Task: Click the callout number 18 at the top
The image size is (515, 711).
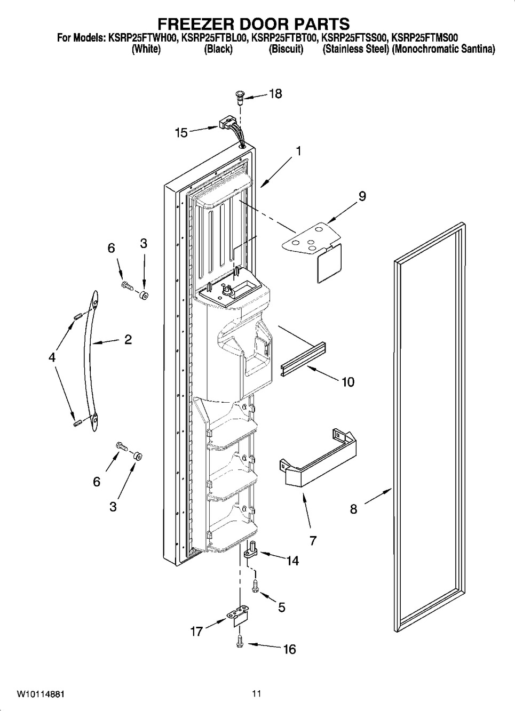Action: [x=275, y=94]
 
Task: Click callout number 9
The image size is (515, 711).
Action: [x=362, y=196]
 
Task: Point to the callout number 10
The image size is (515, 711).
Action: [x=348, y=382]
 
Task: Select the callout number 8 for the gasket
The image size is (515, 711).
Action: [x=353, y=509]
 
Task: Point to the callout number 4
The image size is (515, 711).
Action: [x=52, y=358]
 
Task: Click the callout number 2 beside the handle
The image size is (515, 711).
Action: [x=128, y=340]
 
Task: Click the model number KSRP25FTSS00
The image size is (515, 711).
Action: [x=354, y=38]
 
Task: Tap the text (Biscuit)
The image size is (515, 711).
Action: [x=286, y=50]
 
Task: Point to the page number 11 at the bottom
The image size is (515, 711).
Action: [x=257, y=694]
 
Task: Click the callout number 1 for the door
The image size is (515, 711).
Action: [x=298, y=151]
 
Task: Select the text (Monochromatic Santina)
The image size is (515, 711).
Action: [x=443, y=50]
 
